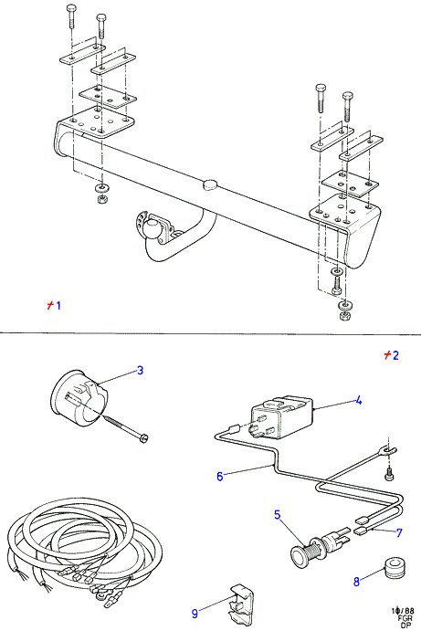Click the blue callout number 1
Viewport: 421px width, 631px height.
click(x=58, y=305)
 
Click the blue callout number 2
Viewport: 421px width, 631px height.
click(x=395, y=355)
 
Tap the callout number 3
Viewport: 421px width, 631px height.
click(x=140, y=370)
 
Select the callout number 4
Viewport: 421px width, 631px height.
click(x=358, y=401)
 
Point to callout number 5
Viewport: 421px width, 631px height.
click(x=278, y=515)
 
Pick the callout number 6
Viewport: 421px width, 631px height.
click(x=220, y=477)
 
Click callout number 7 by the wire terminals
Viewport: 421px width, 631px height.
click(x=399, y=532)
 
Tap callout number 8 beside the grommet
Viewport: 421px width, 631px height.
click(x=356, y=582)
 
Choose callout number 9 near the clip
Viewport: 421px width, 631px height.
click(x=195, y=614)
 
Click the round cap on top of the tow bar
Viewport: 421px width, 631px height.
click(x=210, y=184)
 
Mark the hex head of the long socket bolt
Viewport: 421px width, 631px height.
click(x=142, y=438)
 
